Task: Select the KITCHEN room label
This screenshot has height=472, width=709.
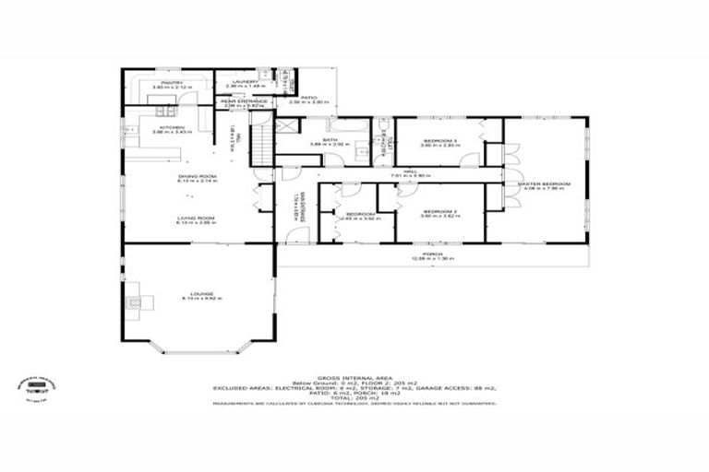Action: [172, 127]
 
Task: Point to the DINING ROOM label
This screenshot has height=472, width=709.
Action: [196, 176]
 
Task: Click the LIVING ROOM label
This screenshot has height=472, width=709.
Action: [196, 218]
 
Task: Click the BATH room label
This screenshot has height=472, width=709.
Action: [330, 140]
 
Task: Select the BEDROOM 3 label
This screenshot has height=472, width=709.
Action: [439, 141]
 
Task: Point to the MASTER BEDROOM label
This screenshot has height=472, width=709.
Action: [543, 184]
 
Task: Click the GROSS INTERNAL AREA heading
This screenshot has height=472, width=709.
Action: [354, 378]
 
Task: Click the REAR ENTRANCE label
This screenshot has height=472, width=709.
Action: [243, 101]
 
